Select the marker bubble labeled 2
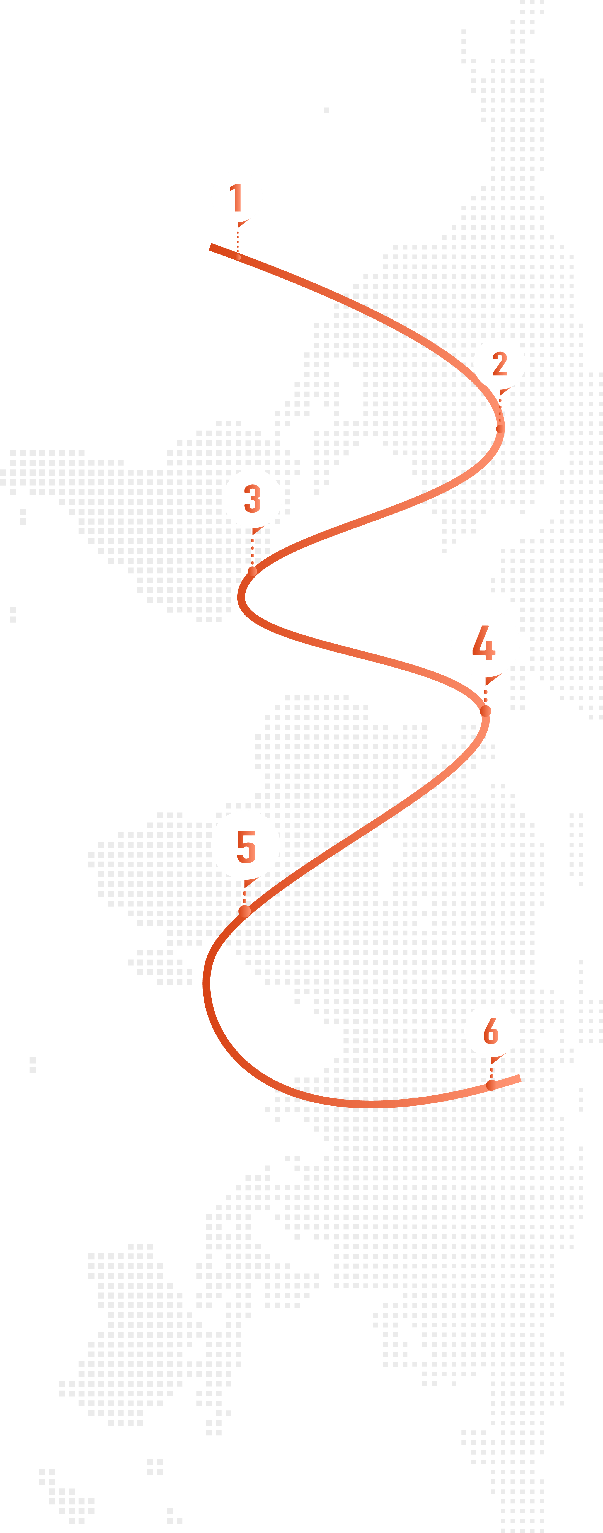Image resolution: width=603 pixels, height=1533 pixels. [499, 364]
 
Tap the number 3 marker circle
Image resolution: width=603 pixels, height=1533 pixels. [252, 499]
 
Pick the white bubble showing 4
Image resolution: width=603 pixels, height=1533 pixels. [485, 643]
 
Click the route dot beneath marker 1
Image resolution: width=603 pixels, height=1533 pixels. [238, 257]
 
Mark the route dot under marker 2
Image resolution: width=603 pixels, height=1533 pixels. [500, 427]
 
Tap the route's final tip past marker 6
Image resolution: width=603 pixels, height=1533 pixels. [519, 1078]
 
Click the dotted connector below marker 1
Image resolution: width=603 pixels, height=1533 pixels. [238, 241]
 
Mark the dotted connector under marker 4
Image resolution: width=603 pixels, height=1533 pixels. [486, 695]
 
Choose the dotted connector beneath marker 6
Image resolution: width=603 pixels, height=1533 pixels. [491, 1071]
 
